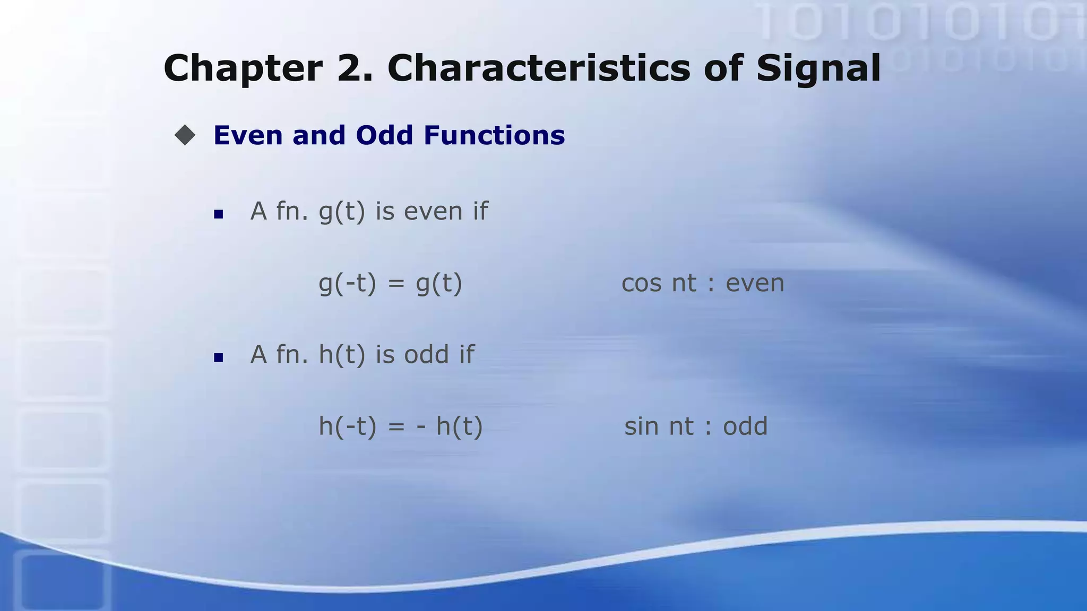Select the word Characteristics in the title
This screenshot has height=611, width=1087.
(x=539, y=68)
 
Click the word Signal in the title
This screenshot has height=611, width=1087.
(x=818, y=69)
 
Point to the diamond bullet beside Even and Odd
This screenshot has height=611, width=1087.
(x=185, y=135)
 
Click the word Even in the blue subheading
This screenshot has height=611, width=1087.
(x=248, y=135)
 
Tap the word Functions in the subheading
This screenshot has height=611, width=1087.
(x=494, y=135)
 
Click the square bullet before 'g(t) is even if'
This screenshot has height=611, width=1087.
(x=218, y=214)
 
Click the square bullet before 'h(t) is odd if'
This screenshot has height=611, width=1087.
(x=218, y=357)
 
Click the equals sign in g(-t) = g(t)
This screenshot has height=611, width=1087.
(x=396, y=284)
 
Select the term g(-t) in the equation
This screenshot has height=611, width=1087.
(x=347, y=284)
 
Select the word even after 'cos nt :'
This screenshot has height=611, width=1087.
(x=755, y=284)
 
